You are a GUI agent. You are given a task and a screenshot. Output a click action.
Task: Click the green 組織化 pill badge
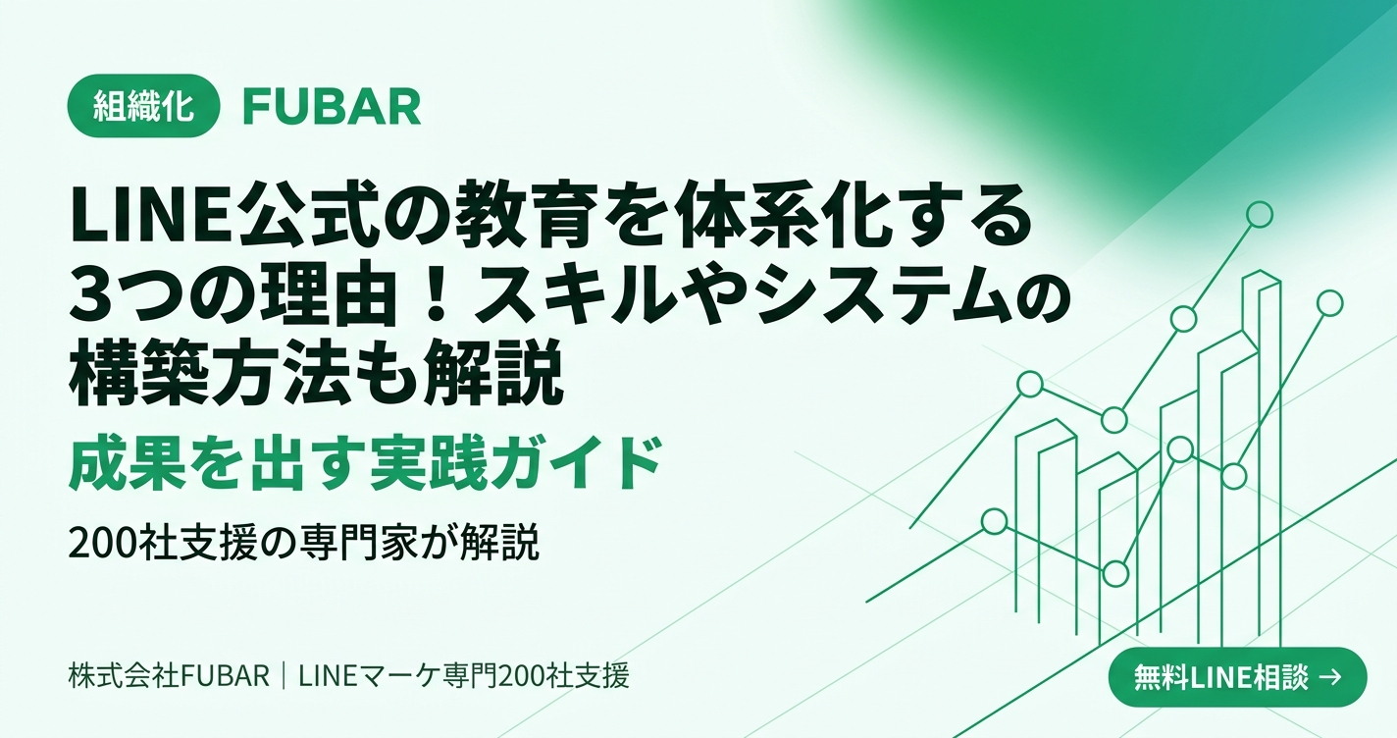point(143,106)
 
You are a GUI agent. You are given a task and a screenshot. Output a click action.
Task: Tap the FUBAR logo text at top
point(332,107)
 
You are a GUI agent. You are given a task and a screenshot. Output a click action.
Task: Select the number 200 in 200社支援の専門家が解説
point(98,545)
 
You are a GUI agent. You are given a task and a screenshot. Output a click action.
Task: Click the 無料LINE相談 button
point(1238,677)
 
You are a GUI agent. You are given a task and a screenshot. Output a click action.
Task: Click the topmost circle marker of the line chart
point(1259,215)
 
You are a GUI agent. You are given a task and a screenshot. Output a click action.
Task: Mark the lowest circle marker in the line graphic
point(1115,574)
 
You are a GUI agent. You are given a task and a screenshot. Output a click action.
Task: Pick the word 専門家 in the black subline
point(373,545)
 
